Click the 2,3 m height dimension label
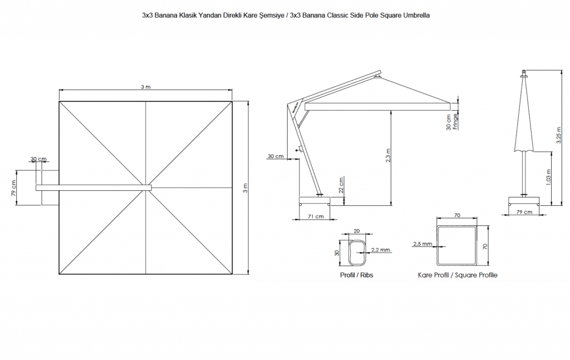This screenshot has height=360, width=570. (388, 155)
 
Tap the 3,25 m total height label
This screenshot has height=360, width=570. (559, 135)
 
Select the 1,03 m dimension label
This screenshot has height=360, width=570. (548, 177)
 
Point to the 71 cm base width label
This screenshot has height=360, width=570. (316, 216)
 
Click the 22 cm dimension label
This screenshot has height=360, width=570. (341, 185)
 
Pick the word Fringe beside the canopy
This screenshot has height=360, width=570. (455, 122)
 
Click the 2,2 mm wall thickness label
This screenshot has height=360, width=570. (381, 250)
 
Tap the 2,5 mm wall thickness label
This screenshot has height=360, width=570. (422, 244)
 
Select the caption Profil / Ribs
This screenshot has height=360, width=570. (357, 275)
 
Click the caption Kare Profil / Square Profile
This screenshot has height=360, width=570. (458, 275)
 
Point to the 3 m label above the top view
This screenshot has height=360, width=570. (145, 87)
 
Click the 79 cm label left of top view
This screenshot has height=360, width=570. (13, 188)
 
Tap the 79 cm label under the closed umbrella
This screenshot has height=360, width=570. (524, 212)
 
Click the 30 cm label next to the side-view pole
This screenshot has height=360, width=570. (276, 156)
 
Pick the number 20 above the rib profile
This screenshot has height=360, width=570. (356, 231)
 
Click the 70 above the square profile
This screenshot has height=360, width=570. (457, 215)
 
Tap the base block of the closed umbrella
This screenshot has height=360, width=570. (523, 201)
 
